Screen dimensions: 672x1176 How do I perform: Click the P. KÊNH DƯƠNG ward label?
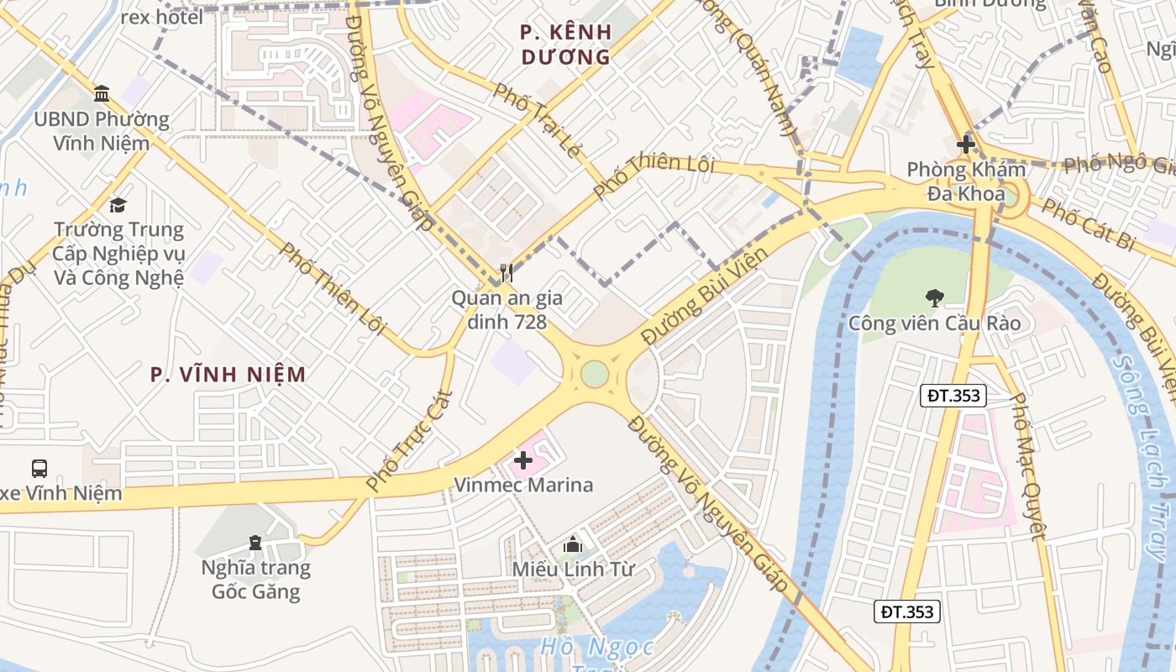click(x=566, y=45)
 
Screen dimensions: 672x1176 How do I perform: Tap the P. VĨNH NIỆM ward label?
click(x=228, y=375)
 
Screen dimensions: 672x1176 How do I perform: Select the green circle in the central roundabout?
click(x=594, y=374)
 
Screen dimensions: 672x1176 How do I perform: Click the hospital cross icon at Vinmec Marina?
click(x=523, y=459)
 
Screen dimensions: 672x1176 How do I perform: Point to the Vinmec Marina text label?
click(x=523, y=485)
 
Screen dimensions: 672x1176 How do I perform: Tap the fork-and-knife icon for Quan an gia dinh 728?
click(x=506, y=272)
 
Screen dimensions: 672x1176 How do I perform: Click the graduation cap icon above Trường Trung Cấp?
click(x=118, y=205)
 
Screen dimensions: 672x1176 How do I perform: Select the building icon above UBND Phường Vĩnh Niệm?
click(x=102, y=93)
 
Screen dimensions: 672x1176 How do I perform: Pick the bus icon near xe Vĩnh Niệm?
click(x=39, y=468)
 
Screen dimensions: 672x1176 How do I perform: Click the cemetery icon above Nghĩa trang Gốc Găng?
click(x=255, y=543)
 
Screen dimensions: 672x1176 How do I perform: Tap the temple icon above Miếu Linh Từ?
click(x=573, y=544)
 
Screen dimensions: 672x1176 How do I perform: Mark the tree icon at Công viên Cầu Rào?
click(x=933, y=297)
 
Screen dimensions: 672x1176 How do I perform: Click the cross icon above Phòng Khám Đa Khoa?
click(x=966, y=144)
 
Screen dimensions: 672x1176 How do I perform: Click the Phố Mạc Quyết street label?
click(x=1028, y=467)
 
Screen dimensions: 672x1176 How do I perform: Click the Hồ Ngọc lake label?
click(x=597, y=648)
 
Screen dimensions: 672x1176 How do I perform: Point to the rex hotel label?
click(x=162, y=17)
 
